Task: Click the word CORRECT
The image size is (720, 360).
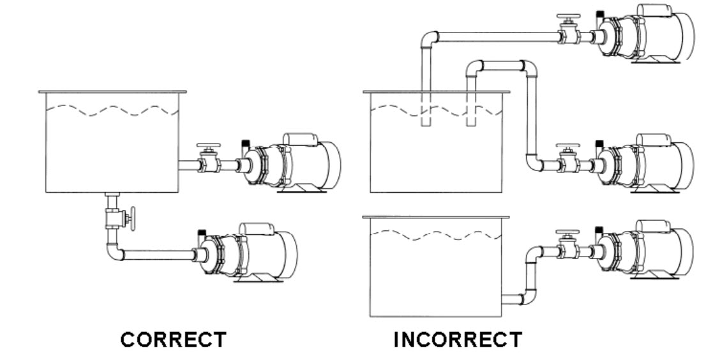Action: (174, 340)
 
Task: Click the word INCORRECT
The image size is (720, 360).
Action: (457, 340)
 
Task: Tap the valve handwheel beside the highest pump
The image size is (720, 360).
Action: (566, 17)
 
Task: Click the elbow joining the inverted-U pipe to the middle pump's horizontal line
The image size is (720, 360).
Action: (534, 162)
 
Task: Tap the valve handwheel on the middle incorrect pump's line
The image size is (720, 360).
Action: (566, 146)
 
